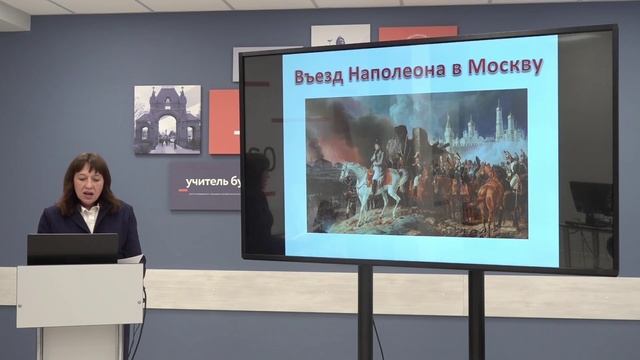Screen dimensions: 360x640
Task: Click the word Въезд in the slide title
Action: coord(318,72)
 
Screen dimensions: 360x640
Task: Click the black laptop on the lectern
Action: coord(72,249)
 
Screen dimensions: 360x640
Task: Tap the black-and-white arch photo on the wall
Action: coord(167,119)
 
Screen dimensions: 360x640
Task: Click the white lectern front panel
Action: coord(79,294)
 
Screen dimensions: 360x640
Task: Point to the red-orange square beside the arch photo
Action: coord(223,121)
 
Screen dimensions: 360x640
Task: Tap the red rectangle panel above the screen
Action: coord(417,33)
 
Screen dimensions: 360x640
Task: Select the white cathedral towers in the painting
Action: coord(497,124)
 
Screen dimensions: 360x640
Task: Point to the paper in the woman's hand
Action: coord(131,259)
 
